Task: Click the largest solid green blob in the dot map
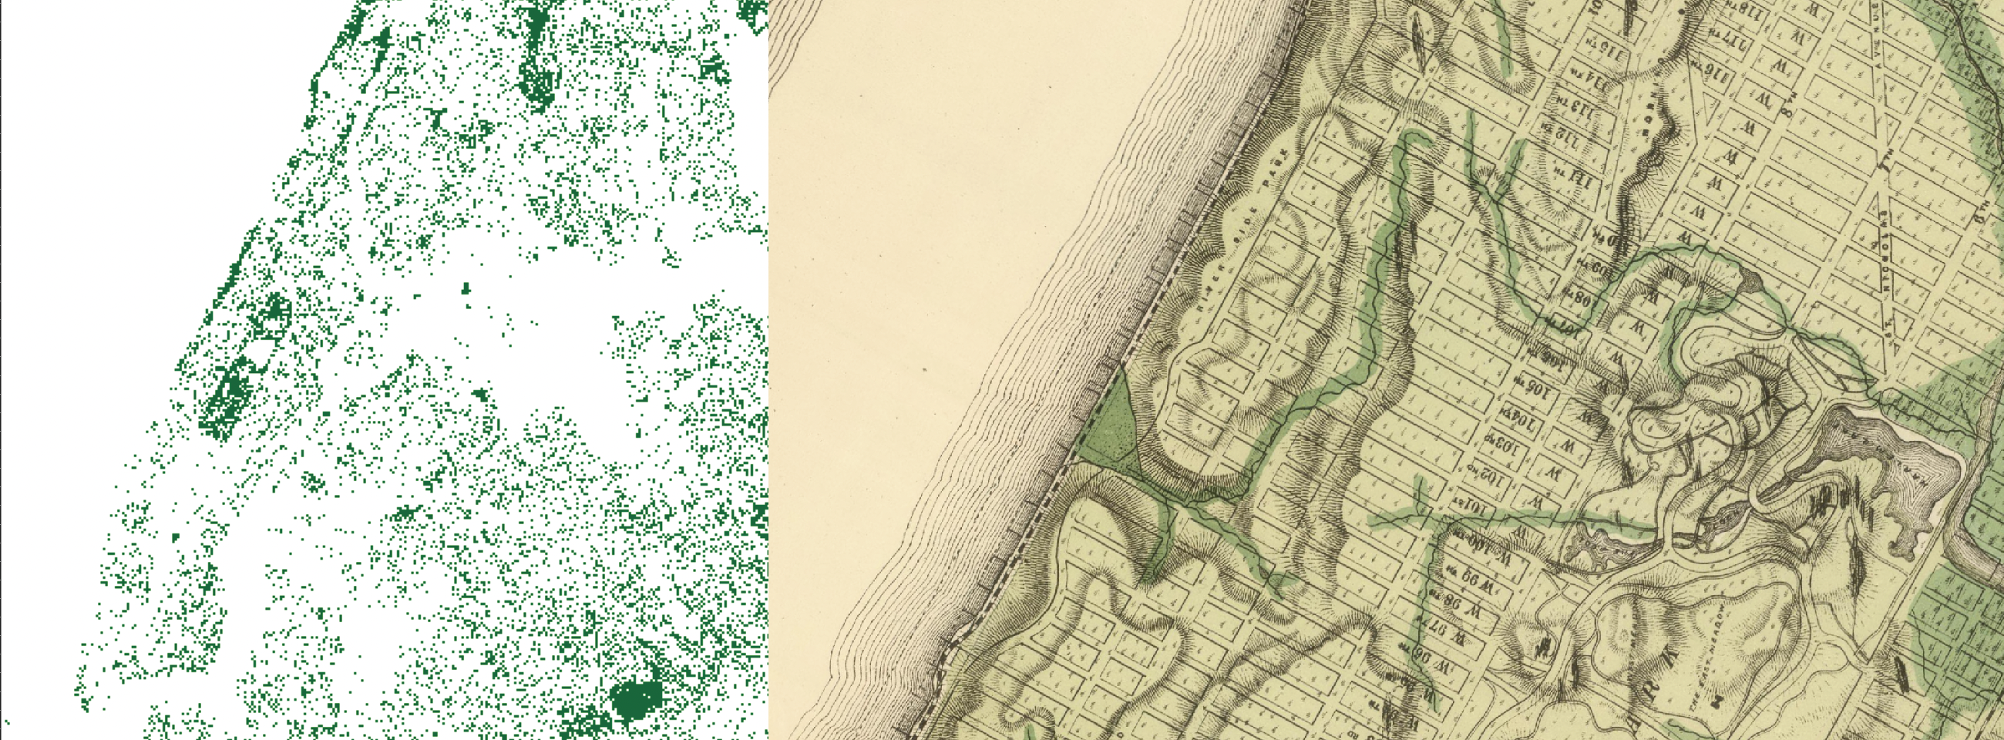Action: pos(636,701)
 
